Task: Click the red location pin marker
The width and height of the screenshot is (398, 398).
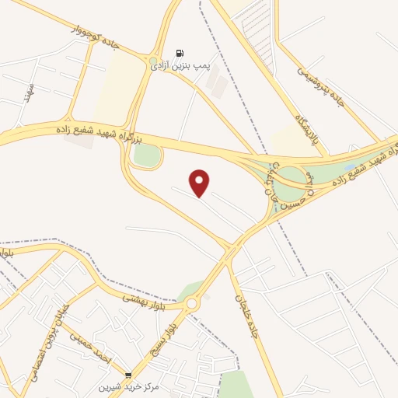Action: pyautogui.click(x=200, y=183)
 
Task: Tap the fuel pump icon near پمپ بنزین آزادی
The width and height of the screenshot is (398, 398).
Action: pyautogui.click(x=180, y=54)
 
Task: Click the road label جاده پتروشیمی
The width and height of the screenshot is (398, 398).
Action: pyautogui.click(x=319, y=86)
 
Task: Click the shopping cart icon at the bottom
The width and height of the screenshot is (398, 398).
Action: pyautogui.click(x=128, y=375)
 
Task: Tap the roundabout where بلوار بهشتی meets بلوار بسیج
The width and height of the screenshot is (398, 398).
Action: pyautogui.click(x=191, y=303)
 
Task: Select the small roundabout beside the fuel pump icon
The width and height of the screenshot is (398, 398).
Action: pyautogui.click(x=153, y=60)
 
